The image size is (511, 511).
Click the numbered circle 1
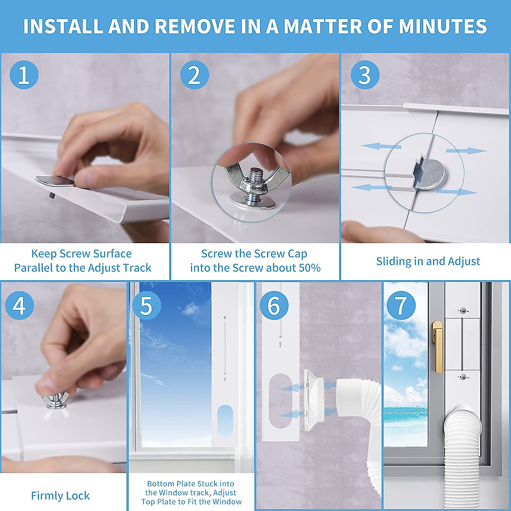coord(24,75)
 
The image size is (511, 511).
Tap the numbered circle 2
coord(194,75)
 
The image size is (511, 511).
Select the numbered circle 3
coord(365,75)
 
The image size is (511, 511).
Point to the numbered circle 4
coord(20,305)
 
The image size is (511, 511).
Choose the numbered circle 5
coord(146,305)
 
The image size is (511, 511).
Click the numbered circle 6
coord(274,305)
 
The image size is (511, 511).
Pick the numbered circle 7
coord(401,305)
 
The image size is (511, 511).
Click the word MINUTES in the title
coord(443,26)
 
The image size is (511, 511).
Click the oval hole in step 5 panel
coord(225,421)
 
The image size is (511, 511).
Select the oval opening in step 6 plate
coord(281,401)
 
